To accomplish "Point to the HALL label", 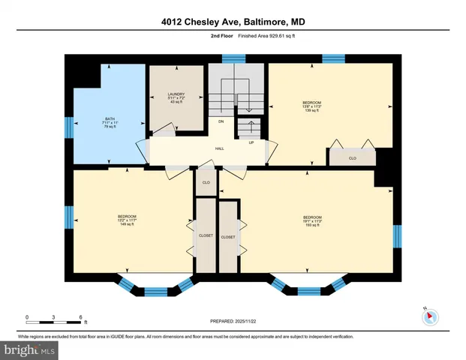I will tap(220, 148).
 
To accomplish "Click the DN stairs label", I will tap(221, 121).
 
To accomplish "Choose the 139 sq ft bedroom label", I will tap(311, 106).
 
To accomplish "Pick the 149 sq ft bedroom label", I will tap(127, 220).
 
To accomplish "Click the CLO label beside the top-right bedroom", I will tap(353, 158).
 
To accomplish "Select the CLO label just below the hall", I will tap(206, 182).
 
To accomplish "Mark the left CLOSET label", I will tap(206, 235).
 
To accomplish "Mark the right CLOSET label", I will tap(228, 237).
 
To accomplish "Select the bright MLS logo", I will tap(29, 349).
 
